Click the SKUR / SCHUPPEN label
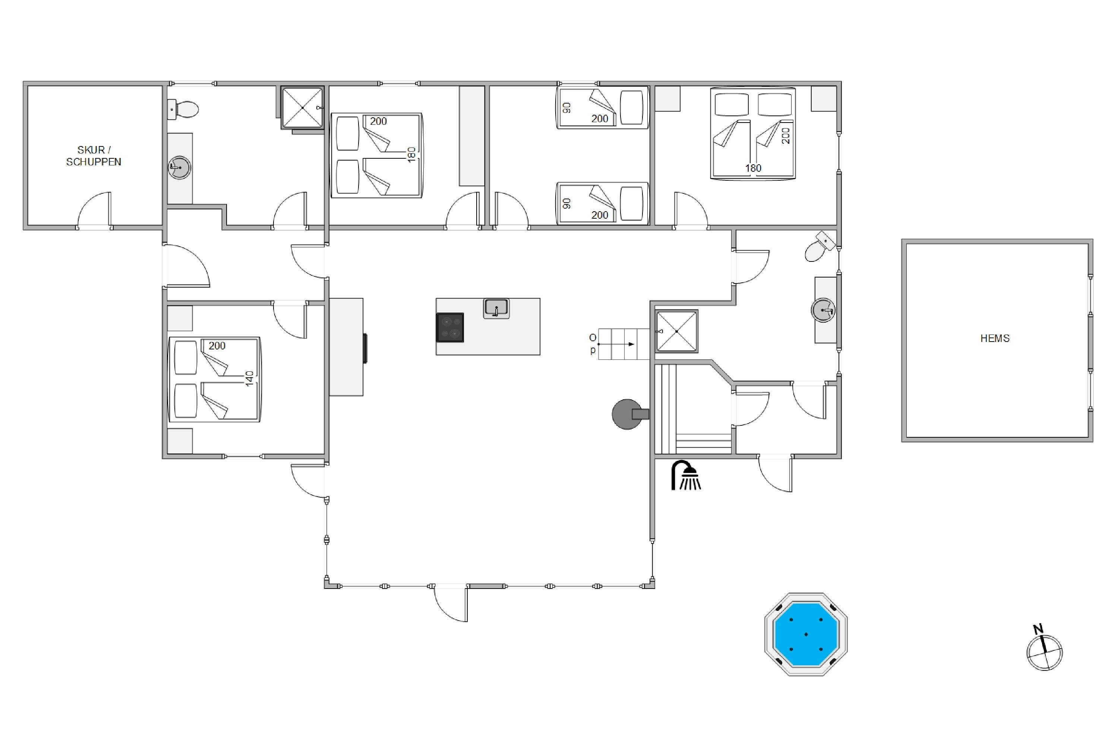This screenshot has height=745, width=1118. coord(94,156)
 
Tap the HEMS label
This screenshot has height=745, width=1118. coord(995,338)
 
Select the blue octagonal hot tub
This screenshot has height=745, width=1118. coord(806,634)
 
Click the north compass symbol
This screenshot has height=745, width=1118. coord(1044,648)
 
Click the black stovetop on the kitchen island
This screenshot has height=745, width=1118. coord(450,327)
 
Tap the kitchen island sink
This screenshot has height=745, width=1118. coord(496,308)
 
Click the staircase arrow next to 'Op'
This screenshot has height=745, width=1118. coord(616,344)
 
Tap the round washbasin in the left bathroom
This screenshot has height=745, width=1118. coord(180,167)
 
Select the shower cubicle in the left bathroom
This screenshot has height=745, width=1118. coord(302,108)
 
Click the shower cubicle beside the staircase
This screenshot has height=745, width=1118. coord(676,331)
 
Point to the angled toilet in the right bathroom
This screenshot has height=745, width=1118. coord(819,247)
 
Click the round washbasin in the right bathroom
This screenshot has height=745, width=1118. coord(823,310)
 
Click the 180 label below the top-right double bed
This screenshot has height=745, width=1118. coord(753,168)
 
